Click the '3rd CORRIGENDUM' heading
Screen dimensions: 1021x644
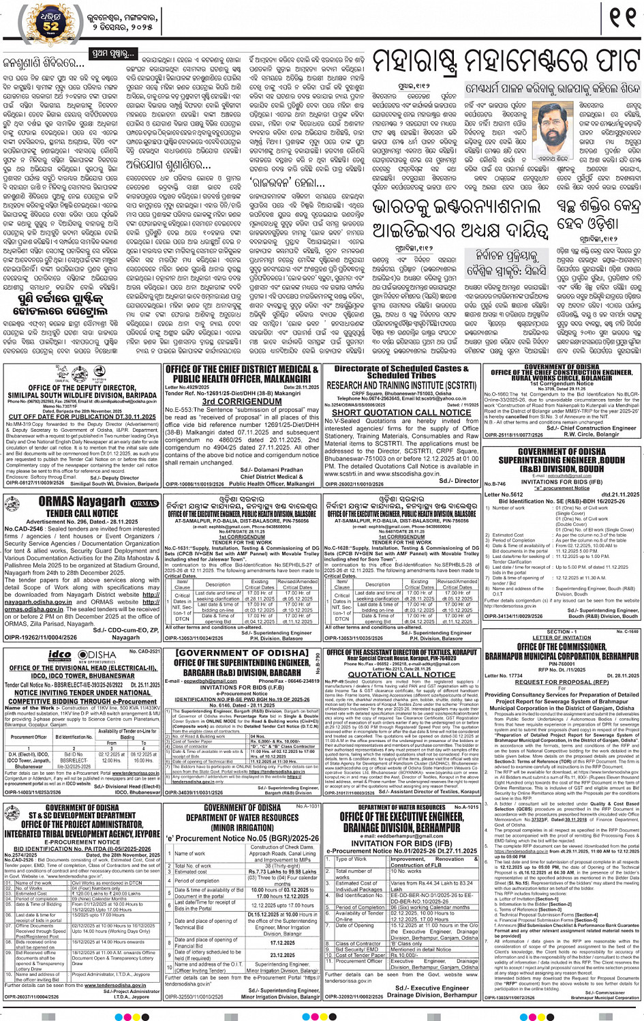coord(241,402)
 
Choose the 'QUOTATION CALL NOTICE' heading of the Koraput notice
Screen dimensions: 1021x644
coord(401,674)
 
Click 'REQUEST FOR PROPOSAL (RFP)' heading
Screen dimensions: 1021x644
coord(562,682)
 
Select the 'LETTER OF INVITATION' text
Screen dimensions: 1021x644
coord(562,638)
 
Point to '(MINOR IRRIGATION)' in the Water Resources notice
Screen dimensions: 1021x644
coord(242,827)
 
